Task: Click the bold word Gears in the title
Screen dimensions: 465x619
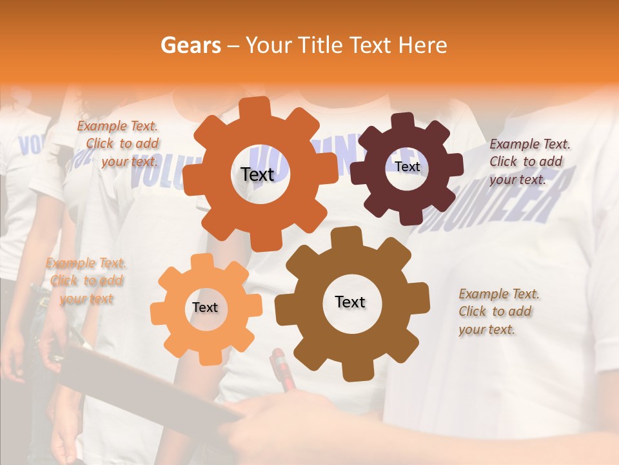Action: pos(190,45)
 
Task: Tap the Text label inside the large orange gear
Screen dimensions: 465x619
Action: pos(257,174)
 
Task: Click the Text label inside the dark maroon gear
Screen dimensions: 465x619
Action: pos(407,167)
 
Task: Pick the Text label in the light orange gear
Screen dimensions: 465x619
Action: pos(205,308)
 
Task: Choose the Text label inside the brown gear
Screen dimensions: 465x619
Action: pos(350,302)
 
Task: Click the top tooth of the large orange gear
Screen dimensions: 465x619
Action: pos(259,107)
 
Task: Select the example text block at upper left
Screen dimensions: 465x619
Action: pos(118,144)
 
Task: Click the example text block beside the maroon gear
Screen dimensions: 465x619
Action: pos(529,162)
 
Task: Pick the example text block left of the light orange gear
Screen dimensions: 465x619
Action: pos(86,281)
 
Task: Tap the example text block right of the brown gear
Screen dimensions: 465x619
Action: pos(498,312)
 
